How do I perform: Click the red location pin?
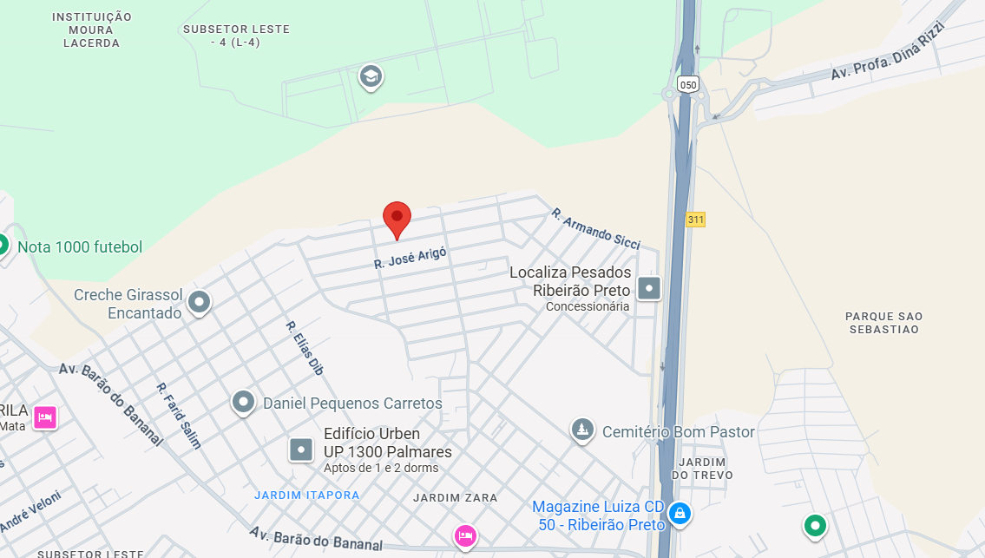pos(397,217)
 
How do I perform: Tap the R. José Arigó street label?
pos(410,258)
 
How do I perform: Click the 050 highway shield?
pos(688,84)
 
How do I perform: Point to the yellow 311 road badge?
pos(695,220)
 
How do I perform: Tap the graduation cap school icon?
pos(371,77)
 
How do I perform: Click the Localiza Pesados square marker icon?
pos(649,287)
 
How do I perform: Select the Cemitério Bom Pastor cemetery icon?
pos(581,430)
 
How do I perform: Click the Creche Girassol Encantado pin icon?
pos(200,302)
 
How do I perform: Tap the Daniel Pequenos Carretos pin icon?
pos(243,402)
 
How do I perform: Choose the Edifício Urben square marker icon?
pos(301,450)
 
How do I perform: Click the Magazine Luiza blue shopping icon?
pos(680,515)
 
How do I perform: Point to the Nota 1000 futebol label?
pos(80,247)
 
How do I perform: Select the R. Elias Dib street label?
pos(305,348)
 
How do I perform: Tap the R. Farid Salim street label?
pos(179,416)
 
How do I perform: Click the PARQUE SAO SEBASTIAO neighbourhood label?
pos(884,323)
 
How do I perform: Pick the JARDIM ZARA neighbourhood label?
pos(456,498)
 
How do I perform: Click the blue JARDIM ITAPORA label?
pos(307,495)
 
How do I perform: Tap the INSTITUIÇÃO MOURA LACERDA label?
pos(92,30)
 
